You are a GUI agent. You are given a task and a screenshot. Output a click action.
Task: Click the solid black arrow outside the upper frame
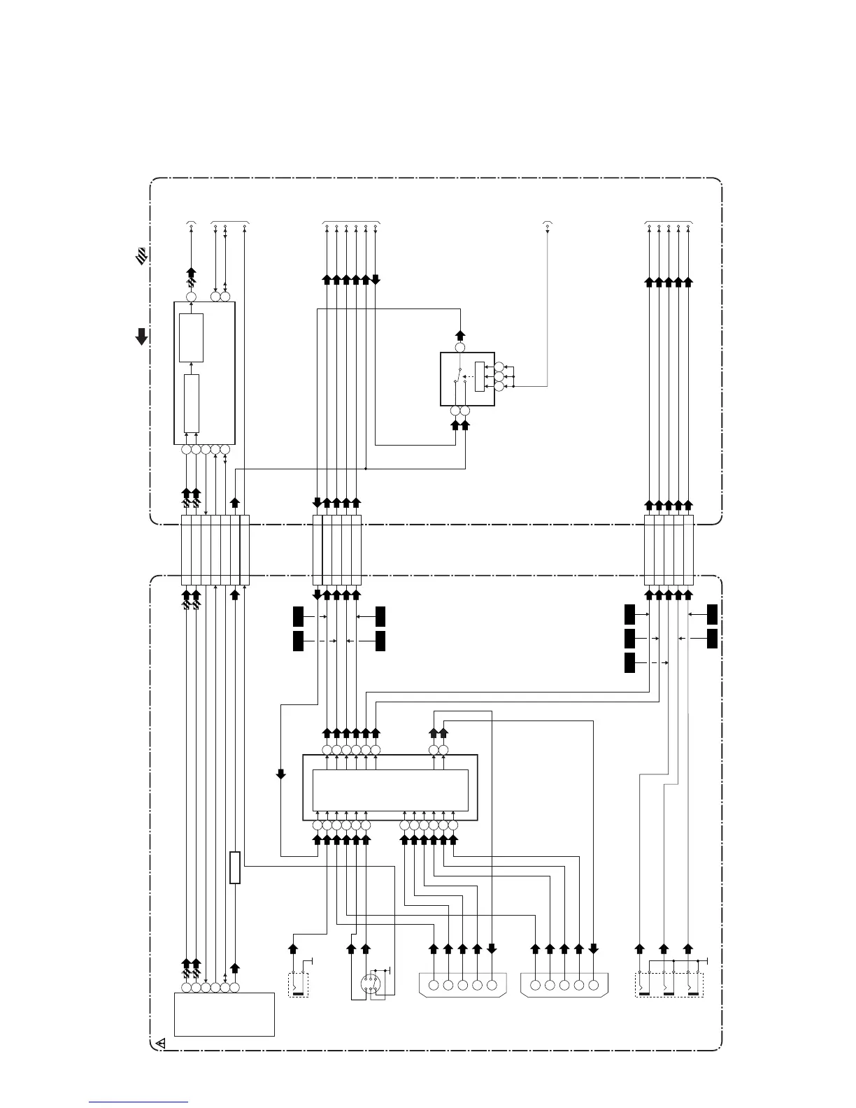[141, 336]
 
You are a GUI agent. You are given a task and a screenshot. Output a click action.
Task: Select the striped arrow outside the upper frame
[141, 256]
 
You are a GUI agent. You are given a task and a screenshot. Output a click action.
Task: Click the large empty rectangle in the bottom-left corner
[224, 1014]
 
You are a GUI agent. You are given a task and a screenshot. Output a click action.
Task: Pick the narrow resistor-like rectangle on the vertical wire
[235, 867]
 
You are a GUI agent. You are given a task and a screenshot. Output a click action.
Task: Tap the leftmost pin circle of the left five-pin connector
[434, 986]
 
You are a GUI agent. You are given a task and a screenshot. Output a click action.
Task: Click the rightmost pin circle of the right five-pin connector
[594, 986]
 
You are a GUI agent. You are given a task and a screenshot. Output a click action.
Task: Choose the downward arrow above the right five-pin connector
[594, 949]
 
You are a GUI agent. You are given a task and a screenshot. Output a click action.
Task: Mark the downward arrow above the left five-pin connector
[492, 949]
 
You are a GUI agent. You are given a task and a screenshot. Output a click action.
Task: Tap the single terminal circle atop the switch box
[460, 348]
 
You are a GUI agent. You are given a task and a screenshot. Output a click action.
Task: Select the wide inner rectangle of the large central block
[390, 789]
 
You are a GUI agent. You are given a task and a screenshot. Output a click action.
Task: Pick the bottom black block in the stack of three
[629, 662]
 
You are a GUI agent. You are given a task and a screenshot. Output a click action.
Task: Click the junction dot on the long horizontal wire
[366, 469]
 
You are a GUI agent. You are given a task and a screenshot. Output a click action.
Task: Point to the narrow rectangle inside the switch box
[479, 376]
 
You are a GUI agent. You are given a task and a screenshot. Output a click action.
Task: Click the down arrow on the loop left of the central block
[281, 774]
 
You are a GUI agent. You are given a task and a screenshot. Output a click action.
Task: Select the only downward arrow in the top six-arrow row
[376, 280]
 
